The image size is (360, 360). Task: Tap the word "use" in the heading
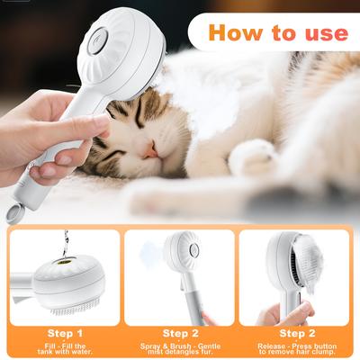click(x=320, y=33)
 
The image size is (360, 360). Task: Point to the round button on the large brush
click(x=98, y=38)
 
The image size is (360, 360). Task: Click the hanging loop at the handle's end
click(x=13, y=213)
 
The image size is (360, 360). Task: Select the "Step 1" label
click(x=64, y=332)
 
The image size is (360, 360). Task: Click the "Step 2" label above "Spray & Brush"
click(x=179, y=332)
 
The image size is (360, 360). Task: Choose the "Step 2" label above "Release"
click(x=293, y=332)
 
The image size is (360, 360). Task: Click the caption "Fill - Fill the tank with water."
click(x=64, y=347)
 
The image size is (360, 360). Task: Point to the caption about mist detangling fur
click(x=179, y=347)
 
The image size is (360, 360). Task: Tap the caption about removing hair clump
click(x=293, y=347)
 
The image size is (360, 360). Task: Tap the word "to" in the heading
click(x=281, y=33)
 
